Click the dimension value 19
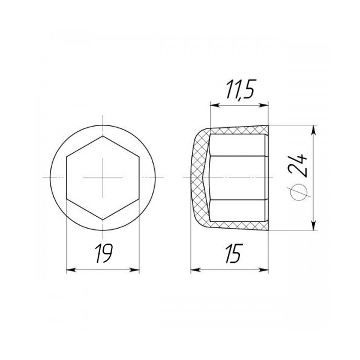pyautogui.click(x=104, y=253)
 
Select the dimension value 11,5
pyautogui.click(x=239, y=90)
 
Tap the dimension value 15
pyautogui.click(x=234, y=253)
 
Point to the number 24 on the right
pyautogui.click(x=298, y=166)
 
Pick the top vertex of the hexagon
pyautogui.click(x=103, y=136)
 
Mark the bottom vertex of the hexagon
pyautogui.click(x=103, y=220)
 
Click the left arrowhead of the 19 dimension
pyautogui.click(x=71, y=270)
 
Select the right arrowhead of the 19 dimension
pyautogui.click(x=135, y=270)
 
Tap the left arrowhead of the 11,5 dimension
pyautogui.click(x=215, y=106)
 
